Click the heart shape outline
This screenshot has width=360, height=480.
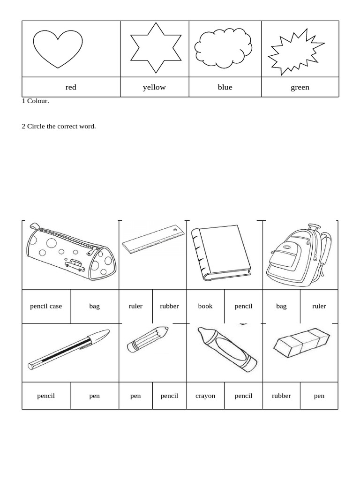tap(57, 48)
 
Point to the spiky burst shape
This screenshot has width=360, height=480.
tap(295, 52)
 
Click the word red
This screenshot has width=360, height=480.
tap(71, 87)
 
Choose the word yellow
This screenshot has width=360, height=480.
tap(154, 87)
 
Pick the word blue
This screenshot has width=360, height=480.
tap(225, 87)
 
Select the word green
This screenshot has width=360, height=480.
tap(300, 87)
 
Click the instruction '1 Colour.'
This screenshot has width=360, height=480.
tap(35, 101)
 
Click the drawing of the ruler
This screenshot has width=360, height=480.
tap(153, 240)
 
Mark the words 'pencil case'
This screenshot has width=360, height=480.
tap(46, 306)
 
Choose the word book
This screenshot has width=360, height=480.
tap(205, 306)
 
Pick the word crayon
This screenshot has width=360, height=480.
tap(205, 396)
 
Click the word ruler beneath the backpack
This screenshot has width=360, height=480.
tap(319, 306)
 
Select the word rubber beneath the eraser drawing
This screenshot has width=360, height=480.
tap(281, 396)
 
